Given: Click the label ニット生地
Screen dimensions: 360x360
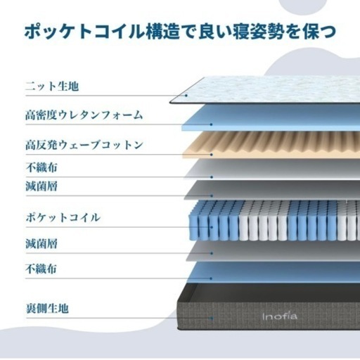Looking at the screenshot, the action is coord(52,86).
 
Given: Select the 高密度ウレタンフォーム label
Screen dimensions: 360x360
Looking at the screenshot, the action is coord(84,115).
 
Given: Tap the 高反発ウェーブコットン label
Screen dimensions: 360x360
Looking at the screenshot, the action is coord(84,145).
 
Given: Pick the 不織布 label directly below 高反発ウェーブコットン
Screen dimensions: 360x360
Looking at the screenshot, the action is coord(41,167).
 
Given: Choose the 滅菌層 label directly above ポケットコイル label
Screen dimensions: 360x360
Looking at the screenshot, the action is coord(41,186).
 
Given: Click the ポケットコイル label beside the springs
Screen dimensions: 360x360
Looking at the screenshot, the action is coord(63,217).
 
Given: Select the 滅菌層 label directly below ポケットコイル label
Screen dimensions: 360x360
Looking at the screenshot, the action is coord(41,243).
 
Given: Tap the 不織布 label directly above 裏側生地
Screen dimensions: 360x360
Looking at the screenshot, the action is coord(41,269).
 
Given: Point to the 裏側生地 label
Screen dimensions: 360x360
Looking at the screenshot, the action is coord(47,308).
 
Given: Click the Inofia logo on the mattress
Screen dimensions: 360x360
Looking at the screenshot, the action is coord(280,316).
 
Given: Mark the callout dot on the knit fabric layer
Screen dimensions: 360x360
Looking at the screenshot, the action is coord(186,96).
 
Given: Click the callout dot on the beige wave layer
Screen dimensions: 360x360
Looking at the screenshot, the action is coord(212,155).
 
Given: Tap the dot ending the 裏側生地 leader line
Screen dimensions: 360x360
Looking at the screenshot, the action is coord(212,319).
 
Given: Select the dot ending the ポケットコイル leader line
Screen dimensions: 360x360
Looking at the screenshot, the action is coord(212,227).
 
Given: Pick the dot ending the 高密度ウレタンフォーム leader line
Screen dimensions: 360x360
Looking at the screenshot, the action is coord(211,124).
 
